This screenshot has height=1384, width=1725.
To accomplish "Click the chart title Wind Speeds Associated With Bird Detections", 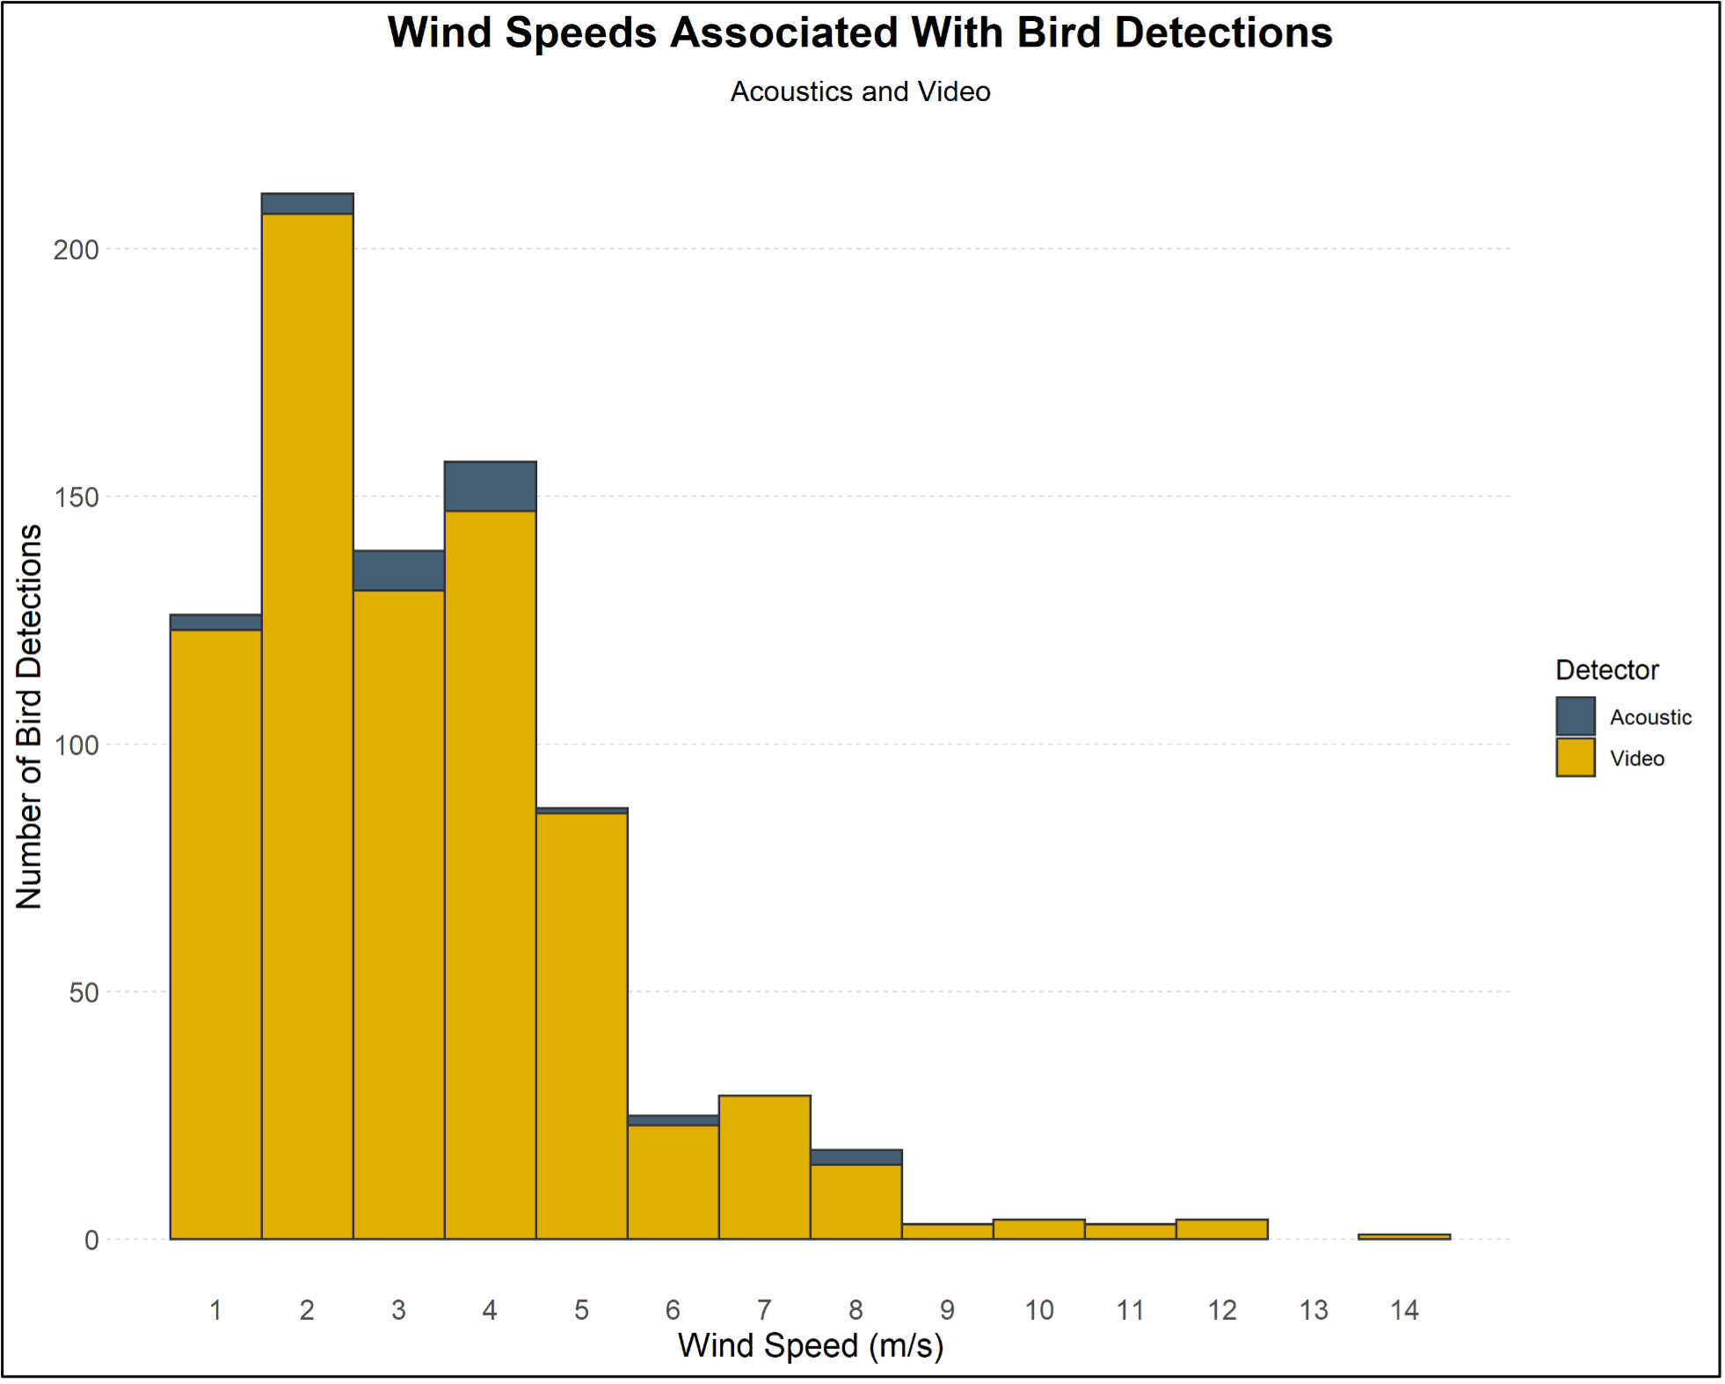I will (x=860, y=33).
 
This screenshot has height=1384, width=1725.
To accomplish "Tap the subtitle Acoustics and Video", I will (x=860, y=91).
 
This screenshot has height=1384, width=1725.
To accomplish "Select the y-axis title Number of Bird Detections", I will (x=29, y=716).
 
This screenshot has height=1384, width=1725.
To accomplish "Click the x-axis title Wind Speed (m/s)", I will (x=811, y=1345).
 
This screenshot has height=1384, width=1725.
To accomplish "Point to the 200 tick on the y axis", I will (x=76, y=250).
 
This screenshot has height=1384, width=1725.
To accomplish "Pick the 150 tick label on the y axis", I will (x=76, y=497).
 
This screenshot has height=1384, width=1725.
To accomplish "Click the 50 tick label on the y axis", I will (x=84, y=993).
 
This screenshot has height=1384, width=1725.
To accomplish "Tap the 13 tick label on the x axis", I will (x=1314, y=1310).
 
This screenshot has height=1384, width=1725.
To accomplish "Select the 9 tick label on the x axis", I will (x=947, y=1310).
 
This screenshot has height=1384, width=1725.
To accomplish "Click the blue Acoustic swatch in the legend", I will (x=1575, y=716).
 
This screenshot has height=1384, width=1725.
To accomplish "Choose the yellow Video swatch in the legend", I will (x=1575, y=757).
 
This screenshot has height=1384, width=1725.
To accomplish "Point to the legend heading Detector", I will (x=1606, y=670).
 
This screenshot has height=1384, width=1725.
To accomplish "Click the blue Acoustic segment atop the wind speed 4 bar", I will (x=491, y=486).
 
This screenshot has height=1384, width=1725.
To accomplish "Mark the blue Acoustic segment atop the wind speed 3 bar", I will (x=399, y=571).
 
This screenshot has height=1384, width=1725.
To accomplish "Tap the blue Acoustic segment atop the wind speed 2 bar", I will (x=308, y=204).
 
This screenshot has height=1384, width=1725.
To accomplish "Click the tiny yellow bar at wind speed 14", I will (x=1404, y=1236).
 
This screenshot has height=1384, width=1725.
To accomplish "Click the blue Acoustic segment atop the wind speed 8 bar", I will (x=856, y=1157).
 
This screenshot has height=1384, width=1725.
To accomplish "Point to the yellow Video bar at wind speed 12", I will (x=1222, y=1229).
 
